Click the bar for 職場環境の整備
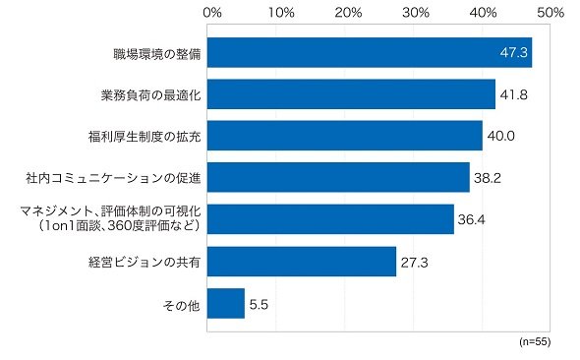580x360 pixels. click(x=370, y=52)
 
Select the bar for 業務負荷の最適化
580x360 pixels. click(x=351, y=94)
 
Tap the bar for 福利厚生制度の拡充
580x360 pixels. click(x=345, y=136)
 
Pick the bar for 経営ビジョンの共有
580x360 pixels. click(x=302, y=262)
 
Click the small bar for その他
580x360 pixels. click(x=226, y=303)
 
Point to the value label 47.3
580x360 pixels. click(x=514, y=52)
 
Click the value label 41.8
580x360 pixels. click(x=514, y=95)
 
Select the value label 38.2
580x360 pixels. click(x=488, y=178)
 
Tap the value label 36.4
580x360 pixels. click(x=471, y=219)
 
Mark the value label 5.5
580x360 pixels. click(x=259, y=305)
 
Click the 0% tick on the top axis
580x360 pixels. click(x=212, y=13)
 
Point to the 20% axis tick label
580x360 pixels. click(x=348, y=13)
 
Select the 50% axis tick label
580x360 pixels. click(x=551, y=13)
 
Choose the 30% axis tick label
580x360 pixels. click(x=416, y=13)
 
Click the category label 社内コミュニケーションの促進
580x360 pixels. click(x=113, y=178)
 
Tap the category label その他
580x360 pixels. click(x=182, y=306)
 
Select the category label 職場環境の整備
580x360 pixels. click(x=157, y=54)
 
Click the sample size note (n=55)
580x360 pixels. click(x=535, y=341)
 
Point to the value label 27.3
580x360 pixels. click(x=414, y=263)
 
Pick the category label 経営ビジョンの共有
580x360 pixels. click(x=145, y=263)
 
